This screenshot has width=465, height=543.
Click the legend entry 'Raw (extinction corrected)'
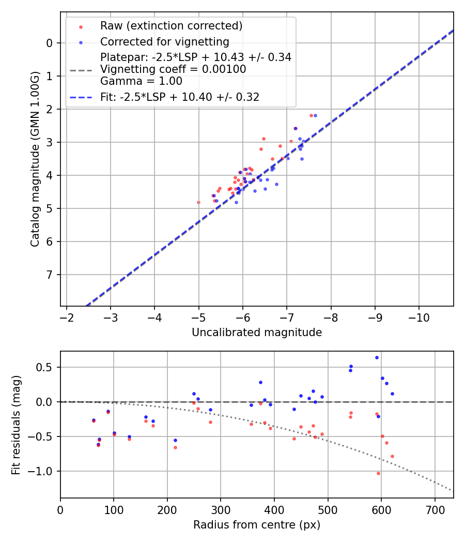click(x=171, y=26)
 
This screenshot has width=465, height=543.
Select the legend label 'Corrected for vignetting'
click(x=164, y=41)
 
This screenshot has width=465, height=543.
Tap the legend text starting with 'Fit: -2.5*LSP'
click(x=179, y=97)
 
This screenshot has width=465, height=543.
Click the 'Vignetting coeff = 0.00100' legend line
click(x=173, y=69)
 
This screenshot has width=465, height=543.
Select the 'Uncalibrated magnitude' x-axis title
click(x=257, y=333)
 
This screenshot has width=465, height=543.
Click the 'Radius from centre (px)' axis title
click(x=257, y=525)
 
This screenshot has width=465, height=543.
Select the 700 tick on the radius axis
click(x=435, y=510)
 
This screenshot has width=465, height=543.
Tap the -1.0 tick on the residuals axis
click(x=43, y=471)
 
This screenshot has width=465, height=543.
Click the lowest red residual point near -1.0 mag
click(x=378, y=473)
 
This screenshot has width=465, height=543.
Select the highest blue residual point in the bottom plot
click(x=377, y=357)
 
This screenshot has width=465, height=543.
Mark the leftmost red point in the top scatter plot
click(x=198, y=202)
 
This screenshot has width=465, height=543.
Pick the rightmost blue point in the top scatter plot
click(x=315, y=115)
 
